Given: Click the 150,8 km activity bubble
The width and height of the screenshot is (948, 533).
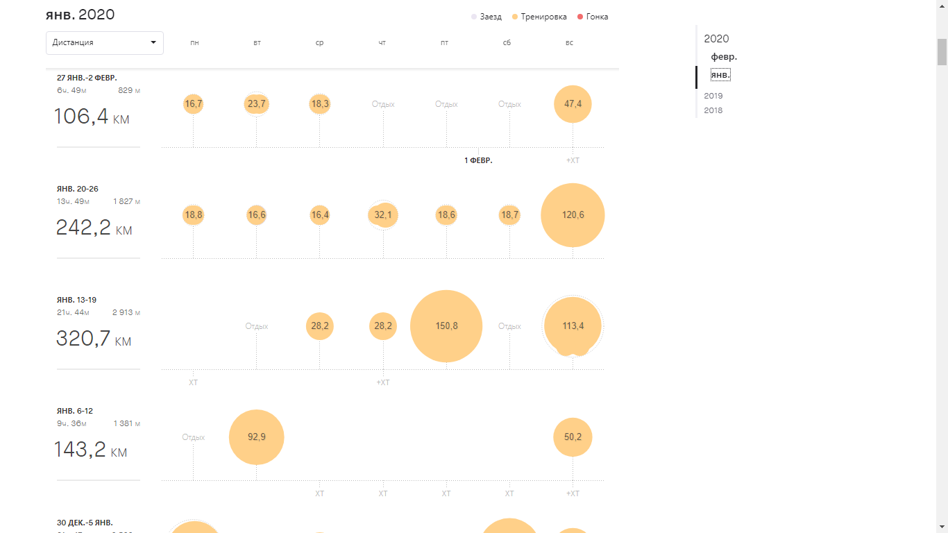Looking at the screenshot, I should point(446,326).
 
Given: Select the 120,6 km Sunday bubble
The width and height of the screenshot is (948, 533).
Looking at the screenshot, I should point(573,215).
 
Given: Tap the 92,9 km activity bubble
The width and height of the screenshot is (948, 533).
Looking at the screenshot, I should point(256,437).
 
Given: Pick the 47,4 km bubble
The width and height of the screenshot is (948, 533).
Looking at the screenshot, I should point(573,104).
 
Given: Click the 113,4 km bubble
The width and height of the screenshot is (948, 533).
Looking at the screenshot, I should point(573,326).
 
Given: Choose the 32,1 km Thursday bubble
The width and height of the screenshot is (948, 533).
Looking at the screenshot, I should point(383,215).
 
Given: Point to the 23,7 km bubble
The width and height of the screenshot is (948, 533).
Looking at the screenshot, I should point(256,104).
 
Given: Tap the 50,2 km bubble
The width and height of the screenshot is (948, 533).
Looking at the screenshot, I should point(573,437).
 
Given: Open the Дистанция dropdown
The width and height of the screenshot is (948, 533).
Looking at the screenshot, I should point(105,42).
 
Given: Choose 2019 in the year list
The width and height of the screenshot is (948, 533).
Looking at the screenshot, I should point(713,96).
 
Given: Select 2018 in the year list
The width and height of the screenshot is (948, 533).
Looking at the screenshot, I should point(713,110).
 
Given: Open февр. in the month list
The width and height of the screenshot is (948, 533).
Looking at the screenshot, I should point(724,57).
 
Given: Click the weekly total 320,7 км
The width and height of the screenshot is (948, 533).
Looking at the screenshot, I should point(93,339).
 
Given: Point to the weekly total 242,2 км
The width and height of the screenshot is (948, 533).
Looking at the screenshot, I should point(94,228).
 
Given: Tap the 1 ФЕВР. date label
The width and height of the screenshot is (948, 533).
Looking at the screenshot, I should point(478,160).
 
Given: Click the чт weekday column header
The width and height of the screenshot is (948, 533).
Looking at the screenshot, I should point(382,43).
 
